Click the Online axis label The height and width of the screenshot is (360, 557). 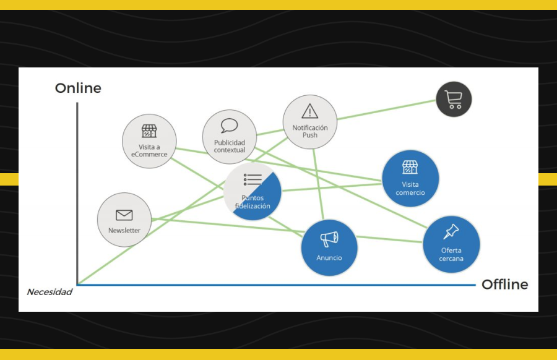click(78, 88)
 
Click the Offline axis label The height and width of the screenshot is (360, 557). click(504, 285)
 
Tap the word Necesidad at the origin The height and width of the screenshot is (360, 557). click(50, 292)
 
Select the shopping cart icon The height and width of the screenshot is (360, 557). click(454, 99)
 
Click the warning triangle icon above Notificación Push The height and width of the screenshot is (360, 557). click(309, 111)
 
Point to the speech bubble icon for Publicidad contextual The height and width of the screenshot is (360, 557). click(229, 126)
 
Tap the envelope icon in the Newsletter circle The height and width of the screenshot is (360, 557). click(124, 215)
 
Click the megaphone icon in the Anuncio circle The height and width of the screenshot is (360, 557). click(329, 238)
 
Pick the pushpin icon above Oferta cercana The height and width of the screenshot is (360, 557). click(451, 232)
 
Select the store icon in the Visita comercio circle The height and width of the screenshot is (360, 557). click(410, 167)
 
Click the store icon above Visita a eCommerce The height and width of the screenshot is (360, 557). click(149, 131)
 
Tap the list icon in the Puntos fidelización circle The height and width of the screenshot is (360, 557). click(253, 180)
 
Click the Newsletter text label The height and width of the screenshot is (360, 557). click(124, 231)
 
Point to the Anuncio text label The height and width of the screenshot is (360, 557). click(329, 257)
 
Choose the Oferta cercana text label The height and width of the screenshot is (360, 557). click(451, 254)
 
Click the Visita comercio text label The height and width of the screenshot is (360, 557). click(410, 188)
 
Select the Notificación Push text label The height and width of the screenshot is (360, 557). click(310, 131)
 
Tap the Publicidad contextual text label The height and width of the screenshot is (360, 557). click(230, 146)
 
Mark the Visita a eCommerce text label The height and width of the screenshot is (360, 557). click(149, 150)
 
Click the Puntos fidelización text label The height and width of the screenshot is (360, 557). click(253, 202)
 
